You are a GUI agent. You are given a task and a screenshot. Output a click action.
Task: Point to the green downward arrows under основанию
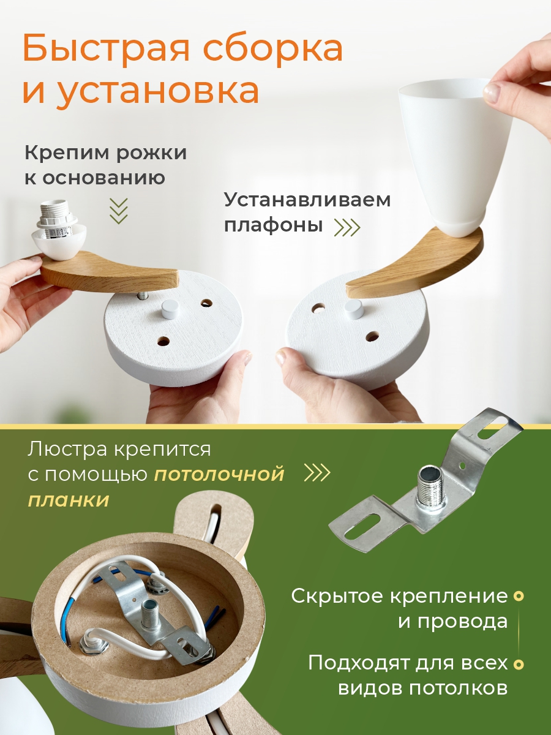click(x=119, y=211)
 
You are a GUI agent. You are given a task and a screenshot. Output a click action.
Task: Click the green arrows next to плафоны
click(x=348, y=227)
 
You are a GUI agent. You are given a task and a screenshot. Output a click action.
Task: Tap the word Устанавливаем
click(x=307, y=200)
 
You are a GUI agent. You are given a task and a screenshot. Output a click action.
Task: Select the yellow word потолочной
click(x=219, y=475)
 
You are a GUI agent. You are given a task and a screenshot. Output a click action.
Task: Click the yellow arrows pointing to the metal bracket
click(x=317, y=473)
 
